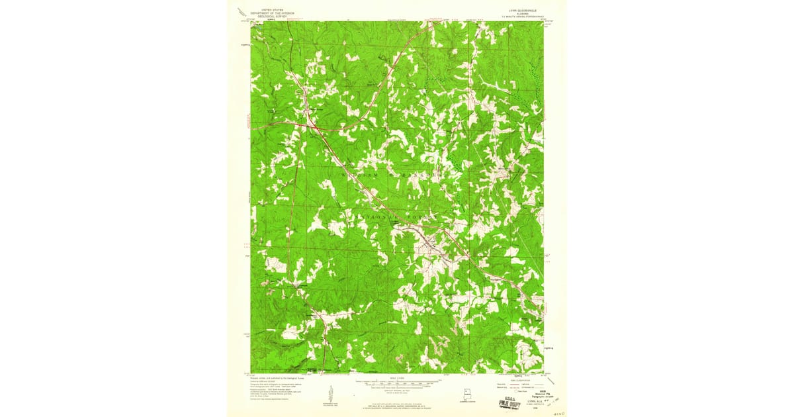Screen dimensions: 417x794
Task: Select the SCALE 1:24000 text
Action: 397,378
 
